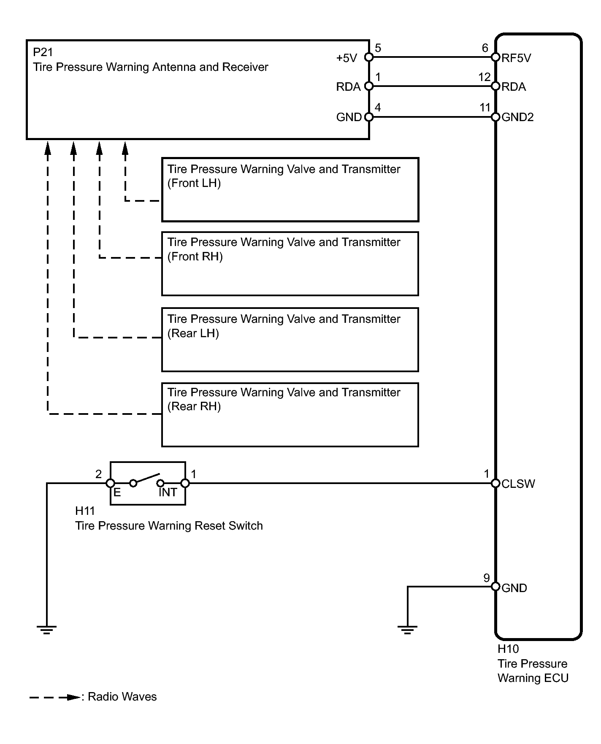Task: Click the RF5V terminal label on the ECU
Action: pyautogui.click(x=516, y=58)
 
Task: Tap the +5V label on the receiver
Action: pyautogui.click(x=347, y=58)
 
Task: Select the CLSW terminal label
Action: pyautogui.click(x=518, y=484)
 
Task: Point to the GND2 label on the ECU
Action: pyautogui.click(x=517, y=117)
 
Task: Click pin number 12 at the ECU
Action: pyautogui.click(x=484, y=77)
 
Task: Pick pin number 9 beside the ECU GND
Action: pyautogui.click(x=487, y=578)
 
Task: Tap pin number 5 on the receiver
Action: pyautogui.click(x=378, y=48)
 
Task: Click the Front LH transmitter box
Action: pyautogui.click(x=290, y=190)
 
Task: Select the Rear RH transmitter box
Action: pyautogui.click(x=290, y=414)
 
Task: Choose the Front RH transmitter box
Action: pyautogui.click(x=290, y=264)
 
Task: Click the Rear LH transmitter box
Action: pyautogui.click(x=290, y=340)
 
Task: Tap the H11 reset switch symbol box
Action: pyautogui.click(x=148, y=483)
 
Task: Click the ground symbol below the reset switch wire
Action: pyautogui.click(x=46, y=630)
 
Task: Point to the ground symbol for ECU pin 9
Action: pyautogui.click(x=407, y=630)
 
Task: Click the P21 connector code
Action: pyautogui.click(x=43, y=52)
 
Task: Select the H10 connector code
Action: pyautogui.click(x=508, y=649)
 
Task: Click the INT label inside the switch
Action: pyautogui.click(x=168, y=492)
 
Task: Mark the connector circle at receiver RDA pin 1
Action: pyautogui.click(x=369, y=86)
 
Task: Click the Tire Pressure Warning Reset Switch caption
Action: pyautogui.click(x=169, y=526)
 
